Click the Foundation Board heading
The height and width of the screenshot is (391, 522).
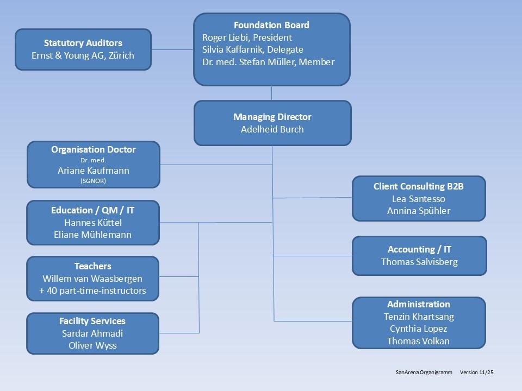tap(271, 25)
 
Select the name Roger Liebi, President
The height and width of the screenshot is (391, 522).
tap(247, 37)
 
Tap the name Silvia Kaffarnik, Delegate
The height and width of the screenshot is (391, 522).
tap(252, 49)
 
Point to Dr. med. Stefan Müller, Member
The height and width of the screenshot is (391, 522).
tap(268, 62)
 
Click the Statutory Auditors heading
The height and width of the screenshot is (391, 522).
tap(83, 43)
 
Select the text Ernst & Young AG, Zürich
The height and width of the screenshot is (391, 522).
tap(83, 55)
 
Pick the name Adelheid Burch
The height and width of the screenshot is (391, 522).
tap(272, 129)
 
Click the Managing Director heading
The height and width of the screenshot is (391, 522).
tap(272, 117)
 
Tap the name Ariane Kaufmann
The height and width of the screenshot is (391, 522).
tap(94, 171)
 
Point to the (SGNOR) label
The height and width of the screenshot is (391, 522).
tap(94, 181)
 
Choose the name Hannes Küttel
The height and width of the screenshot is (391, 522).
tap(93, 223)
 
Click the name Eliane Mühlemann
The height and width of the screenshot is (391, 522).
tap(93, 235)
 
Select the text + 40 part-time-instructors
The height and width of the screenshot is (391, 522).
tap(93, 291)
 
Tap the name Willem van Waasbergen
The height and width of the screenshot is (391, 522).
tap(93, 279)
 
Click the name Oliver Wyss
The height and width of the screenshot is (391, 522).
tap(93, 345)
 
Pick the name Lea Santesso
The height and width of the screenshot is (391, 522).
tap(419, 199)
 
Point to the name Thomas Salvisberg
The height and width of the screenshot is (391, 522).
tap(419, 262)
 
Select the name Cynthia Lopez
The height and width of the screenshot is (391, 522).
tap(419, 329)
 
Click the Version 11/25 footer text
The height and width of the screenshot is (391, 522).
tap(480, 373)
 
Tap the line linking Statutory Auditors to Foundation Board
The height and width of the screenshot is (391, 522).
tap(172, 50)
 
